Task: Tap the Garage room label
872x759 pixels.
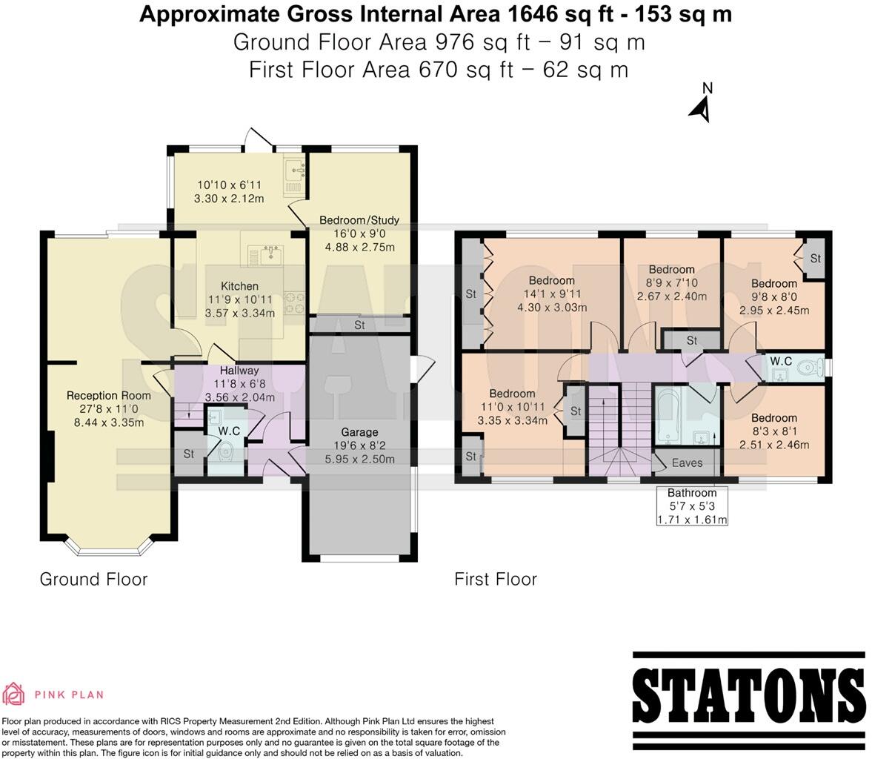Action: [359, 432]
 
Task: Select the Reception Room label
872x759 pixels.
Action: [103, 395]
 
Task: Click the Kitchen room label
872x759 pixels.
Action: [239, 286]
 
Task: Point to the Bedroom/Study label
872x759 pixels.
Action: [359, 220]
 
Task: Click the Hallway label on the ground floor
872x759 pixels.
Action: [239, 371]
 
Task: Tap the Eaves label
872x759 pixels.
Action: [687, 463]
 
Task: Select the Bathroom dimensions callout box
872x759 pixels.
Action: [692, 506]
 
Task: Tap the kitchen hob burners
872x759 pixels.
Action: [295, 301]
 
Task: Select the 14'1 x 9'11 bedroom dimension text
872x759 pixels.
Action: [551, 294]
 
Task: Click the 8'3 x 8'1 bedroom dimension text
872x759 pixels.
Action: [773, 431]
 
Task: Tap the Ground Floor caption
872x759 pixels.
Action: [93, 580]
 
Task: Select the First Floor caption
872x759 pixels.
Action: [496, 580]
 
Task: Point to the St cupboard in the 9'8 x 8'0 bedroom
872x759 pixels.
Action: [815, 259]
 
